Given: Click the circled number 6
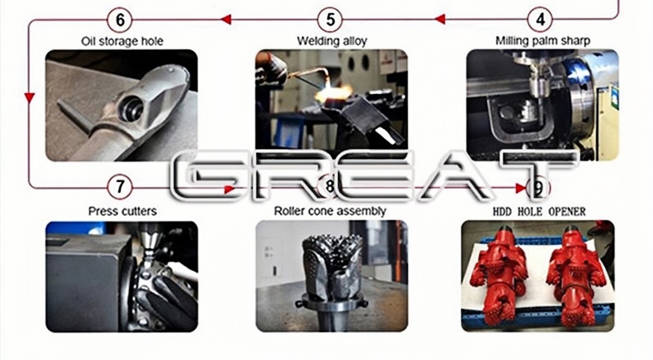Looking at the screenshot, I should point(121,17).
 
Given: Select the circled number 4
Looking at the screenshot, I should point(539,17).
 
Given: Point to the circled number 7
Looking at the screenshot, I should point(121,187).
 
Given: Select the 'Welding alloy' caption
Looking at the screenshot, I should point(330,40).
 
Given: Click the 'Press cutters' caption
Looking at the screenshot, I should point(122,211).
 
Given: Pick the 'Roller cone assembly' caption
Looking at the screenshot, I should point(330,211).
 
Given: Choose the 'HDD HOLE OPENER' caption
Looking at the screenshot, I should point(539,211).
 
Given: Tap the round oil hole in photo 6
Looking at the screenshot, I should point(129,109).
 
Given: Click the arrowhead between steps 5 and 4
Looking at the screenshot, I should point(438,17).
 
